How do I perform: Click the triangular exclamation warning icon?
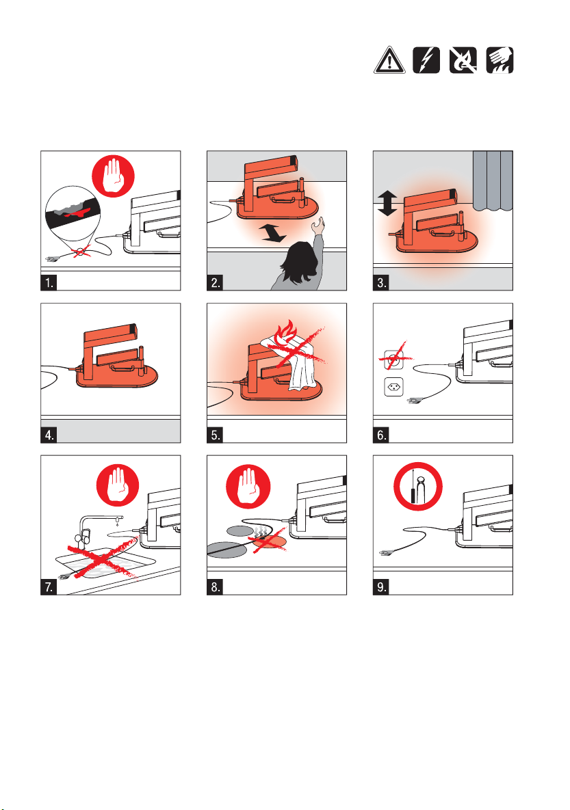tap(389, 60)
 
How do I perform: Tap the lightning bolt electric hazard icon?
tap(426, 60)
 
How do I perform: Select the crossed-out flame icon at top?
tap(463, 60)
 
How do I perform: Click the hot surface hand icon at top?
tap(500, 60)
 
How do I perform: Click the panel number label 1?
tap(49, 282)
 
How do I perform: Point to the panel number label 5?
tap(215, 435)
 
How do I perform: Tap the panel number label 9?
tap(381, 587)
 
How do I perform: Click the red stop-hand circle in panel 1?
tap(114, 176)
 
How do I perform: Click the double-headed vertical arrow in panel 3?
tap(387, 203)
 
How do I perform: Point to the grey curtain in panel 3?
tap(493, 180)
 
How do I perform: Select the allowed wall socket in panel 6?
tap(393, 387)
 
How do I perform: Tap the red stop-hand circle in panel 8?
tap(248, 486)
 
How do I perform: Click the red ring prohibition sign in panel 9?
tap(418, 487)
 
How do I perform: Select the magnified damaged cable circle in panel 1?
tap(73, 213)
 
